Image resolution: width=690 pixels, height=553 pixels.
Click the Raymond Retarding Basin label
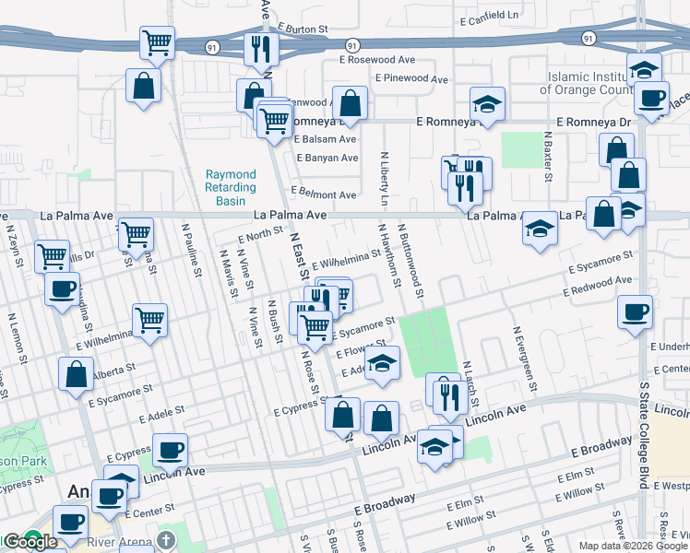[x=231, y=187]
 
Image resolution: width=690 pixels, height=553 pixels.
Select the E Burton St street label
[x=302, y=29]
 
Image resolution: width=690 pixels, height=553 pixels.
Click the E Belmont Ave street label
[x=323, y=195]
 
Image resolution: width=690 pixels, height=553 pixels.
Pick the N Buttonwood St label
[x=410, y=260]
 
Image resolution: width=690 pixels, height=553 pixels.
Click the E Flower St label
[x=353, y=351]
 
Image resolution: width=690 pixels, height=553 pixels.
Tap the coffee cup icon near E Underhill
[x=635, y=311]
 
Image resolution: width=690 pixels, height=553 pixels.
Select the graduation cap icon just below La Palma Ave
[x=540, y=227]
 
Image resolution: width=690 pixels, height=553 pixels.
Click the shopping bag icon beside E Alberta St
[x=76, y=373]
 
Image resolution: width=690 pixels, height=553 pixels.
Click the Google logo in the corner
[x=30, y=542]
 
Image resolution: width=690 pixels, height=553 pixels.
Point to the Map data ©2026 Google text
[x=633, y=546]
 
